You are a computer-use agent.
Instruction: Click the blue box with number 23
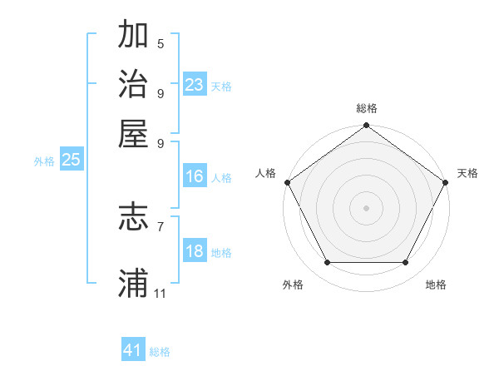point(195,85)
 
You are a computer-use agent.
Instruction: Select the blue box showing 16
point(195,176)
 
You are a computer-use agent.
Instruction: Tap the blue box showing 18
point(195,251)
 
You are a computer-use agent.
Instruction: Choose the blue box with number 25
point(71,160)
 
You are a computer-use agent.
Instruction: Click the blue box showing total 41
point(133,350)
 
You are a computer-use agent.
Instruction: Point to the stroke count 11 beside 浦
point(160,294)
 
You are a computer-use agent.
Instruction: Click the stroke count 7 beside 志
point(160,226)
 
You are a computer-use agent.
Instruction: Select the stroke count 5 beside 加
point(160,43)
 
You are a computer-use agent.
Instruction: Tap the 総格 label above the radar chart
point(366,108)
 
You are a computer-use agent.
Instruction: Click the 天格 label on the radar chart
point(467,173)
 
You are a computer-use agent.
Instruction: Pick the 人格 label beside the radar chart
point(265,173)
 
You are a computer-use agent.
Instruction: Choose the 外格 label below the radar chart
point(293,285)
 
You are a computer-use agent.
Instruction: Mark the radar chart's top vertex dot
point(366,126)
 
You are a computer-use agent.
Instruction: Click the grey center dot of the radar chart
point(366,207)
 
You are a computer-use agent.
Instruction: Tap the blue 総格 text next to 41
point(160,352)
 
